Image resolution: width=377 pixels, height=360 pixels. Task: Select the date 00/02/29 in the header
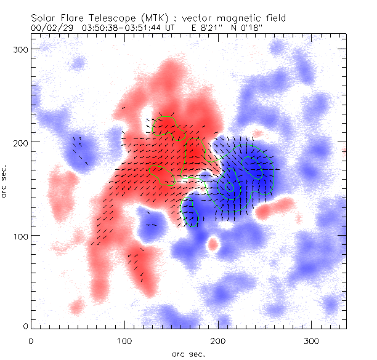[x=51, y=28]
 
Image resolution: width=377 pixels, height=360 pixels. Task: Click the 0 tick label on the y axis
[x=25, y=325]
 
